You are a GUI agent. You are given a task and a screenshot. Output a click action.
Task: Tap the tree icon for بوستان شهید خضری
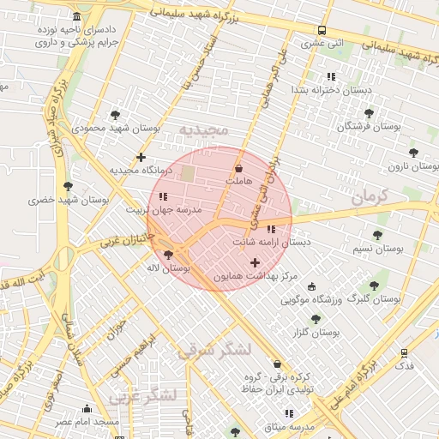click(x=69, y=186)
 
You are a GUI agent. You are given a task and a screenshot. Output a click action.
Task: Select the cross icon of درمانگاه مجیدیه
click(x=141, y=157)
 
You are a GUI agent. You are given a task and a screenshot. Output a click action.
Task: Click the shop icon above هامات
click(x=238, y=168)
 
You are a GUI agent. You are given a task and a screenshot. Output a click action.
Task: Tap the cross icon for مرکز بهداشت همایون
click(x=254, y=262)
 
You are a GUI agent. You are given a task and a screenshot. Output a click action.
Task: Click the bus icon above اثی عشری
click(x=322, y=29)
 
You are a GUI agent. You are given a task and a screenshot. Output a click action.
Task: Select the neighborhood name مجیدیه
click(x=203, y=130)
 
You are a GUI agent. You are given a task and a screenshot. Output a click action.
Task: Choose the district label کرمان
click(x=370, y=196)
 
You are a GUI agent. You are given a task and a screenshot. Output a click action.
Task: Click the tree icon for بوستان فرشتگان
click(x=369, y=112)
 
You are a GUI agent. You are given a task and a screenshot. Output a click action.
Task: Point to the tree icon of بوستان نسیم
click(x=377, y=235)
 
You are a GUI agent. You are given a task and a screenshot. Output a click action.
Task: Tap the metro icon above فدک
click(x=404, y=352)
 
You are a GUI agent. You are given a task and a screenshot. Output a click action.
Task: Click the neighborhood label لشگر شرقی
click(x=214, y=350)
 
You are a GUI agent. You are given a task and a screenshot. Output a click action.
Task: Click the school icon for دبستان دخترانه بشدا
click(x=331, y=76)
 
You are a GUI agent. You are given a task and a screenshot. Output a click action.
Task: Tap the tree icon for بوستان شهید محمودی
click(x=116, y=114)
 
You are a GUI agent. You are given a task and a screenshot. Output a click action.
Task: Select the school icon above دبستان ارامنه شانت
click(x=271, y=229)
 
